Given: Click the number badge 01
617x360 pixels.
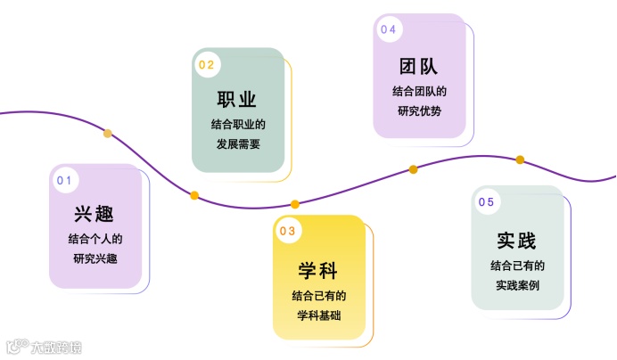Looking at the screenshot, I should pos(63,179).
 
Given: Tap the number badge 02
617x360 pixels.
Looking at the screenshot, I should pos(207,64).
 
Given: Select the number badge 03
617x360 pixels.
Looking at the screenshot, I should pos(287,232).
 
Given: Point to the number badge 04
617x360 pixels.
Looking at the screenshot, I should pos(388,29).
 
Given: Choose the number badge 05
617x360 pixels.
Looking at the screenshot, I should pos(486,202).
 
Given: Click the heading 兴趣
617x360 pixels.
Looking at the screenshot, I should pos(95,215).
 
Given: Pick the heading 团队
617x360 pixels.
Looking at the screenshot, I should pos(419,67).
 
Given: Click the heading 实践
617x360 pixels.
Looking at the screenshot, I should pos(517,241).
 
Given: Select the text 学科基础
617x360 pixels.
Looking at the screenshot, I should pos(318,316).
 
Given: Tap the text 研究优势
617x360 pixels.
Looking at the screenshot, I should pos(419,111).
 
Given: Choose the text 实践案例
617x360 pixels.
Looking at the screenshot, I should pos(517,286).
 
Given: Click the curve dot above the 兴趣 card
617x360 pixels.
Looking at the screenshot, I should pos(108,134).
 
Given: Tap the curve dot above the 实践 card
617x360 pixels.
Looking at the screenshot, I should pos(520,160).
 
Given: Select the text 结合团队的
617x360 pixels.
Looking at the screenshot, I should pos(419,91).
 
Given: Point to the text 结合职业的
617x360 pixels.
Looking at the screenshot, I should pos(238,123).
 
